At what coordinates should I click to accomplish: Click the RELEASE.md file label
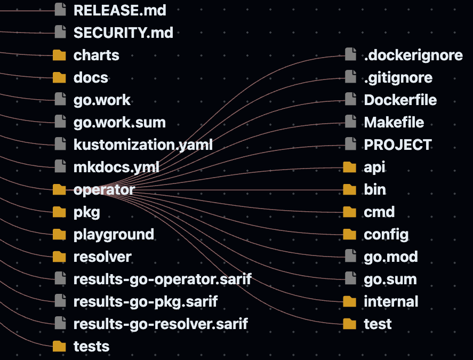(x=120, y=10)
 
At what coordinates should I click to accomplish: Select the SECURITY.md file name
(x=123, y=33)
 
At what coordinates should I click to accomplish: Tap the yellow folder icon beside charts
(x=59, y=55)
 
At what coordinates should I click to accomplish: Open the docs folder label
(x=91, y=77)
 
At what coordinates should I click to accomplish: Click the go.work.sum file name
(x=120, y=123)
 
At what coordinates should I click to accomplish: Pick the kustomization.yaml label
(x=143, y=145)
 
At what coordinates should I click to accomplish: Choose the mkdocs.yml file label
(x=116, y=167)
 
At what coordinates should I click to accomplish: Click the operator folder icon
(x=59, y=189)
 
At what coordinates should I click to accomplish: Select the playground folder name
(x=114, y=235)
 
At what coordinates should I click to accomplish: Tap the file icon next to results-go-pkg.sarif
(x=60, y=301)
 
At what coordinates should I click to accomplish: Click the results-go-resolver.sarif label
(x=161, y=324)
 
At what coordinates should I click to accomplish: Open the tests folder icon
(x=59, y=346)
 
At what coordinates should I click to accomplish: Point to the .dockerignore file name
(x=413, y=55)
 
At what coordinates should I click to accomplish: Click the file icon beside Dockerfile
(x=350, y=100)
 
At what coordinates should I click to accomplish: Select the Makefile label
(x=394, y=122)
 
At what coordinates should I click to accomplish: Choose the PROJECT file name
(x=398, y=145)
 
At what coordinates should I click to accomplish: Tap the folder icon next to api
(x=350, y=167)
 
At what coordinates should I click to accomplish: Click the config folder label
(x=386, y=235)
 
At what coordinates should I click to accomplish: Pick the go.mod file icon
(x=350, y=256)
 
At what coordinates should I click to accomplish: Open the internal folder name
(x=391, y=301)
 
